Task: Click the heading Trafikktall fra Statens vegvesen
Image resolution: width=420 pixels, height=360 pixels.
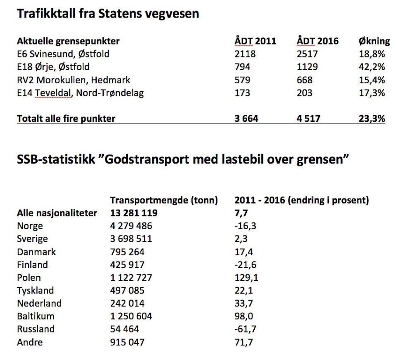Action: [x=108, y=14]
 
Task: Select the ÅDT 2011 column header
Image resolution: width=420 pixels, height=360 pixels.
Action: [x=255, y=41]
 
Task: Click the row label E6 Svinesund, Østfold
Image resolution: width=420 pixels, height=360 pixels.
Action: [x=63, y=54]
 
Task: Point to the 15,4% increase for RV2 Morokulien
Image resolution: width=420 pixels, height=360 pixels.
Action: [x=372, y=80]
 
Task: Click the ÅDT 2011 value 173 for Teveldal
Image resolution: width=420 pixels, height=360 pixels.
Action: [x=242, y=93]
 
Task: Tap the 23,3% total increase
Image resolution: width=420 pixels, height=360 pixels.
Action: [x=372, y=118]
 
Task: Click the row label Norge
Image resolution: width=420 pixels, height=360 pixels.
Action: [x=30, y=226]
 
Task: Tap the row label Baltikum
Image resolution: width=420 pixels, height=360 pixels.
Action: [x=36, y=316]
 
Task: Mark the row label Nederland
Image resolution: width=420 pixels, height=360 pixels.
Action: [x=39, y=303]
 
